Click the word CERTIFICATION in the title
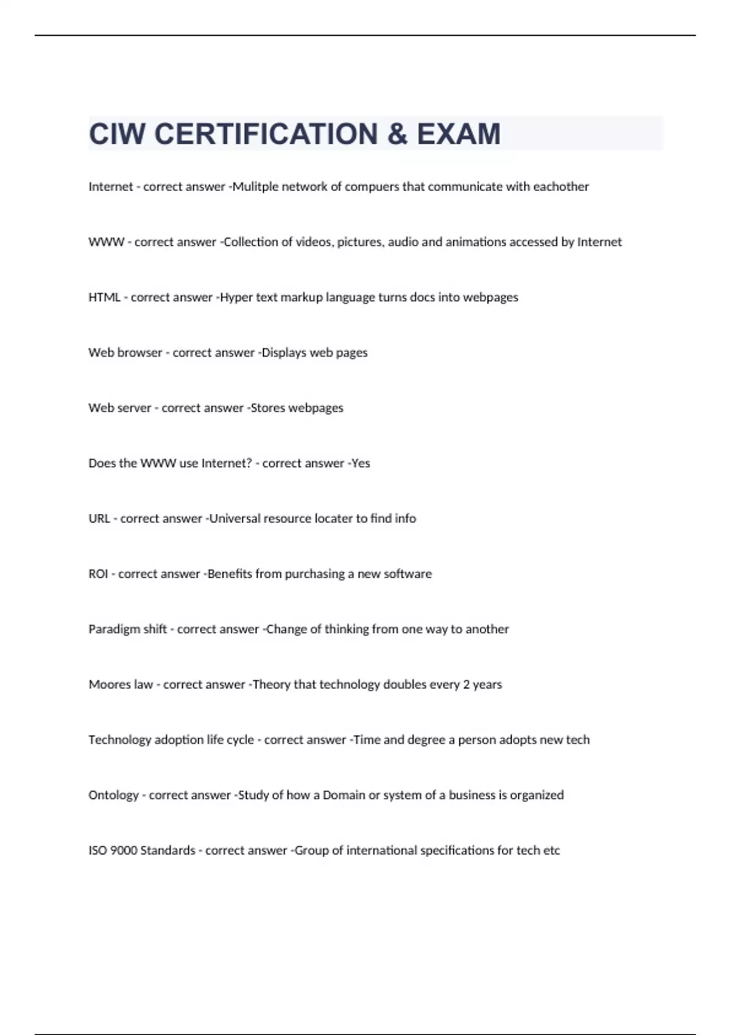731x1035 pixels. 266,134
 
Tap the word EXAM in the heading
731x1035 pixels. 458,134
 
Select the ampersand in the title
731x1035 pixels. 397,134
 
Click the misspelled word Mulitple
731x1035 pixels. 255,187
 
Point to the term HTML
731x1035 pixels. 104,297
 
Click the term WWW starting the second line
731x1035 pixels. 106,242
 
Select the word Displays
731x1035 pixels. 284,353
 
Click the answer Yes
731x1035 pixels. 361,463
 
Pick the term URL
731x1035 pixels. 99,519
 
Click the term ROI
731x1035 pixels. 98,574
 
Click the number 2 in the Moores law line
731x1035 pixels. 466,684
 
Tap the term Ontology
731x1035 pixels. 113,795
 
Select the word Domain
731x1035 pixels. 344,795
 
